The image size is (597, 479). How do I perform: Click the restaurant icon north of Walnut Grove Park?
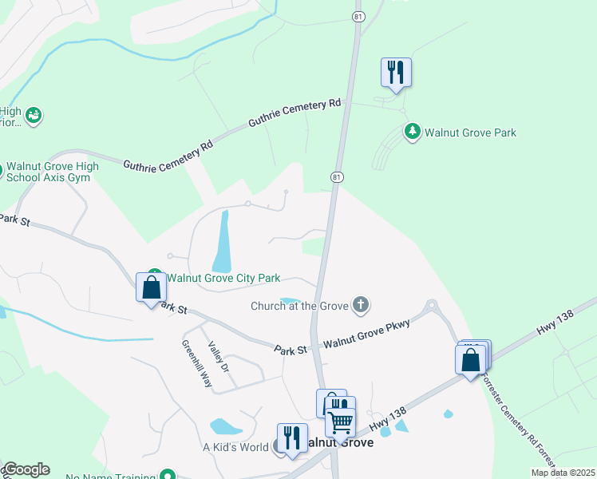coord(396,73)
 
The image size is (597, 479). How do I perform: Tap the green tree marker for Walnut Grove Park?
coord(412,132)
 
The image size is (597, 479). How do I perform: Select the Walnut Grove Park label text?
coord(470,133)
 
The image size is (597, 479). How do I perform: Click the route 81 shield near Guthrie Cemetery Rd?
coord(338,176)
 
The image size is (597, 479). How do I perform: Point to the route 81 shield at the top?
coord(358,15)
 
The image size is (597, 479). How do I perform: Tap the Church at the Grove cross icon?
coord(362,304)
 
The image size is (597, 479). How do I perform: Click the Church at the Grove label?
coord(300,305)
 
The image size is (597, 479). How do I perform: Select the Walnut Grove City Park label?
coord(223,278)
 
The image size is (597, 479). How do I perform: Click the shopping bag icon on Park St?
coord(152,287)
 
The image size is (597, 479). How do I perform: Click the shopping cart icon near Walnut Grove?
coord(340,422)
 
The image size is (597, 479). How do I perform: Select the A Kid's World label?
coord(235,447)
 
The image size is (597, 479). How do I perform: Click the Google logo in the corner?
coord(26,469)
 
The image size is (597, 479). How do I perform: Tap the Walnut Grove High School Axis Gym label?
coord(53,172)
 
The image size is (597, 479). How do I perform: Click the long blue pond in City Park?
coord(222,240)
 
